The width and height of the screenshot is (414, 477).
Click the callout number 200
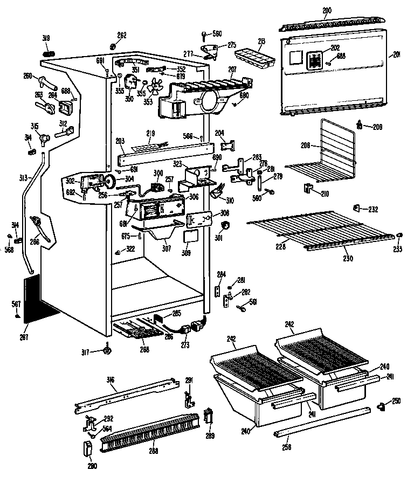click(x=327, y=10)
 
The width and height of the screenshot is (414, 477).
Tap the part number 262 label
click(x=122, y=36)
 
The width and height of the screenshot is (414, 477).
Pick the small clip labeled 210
click(x=308, y=188)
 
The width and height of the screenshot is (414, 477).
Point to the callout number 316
click(x=111, y=381)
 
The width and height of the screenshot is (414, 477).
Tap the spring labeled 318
click(x=47, y=53)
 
